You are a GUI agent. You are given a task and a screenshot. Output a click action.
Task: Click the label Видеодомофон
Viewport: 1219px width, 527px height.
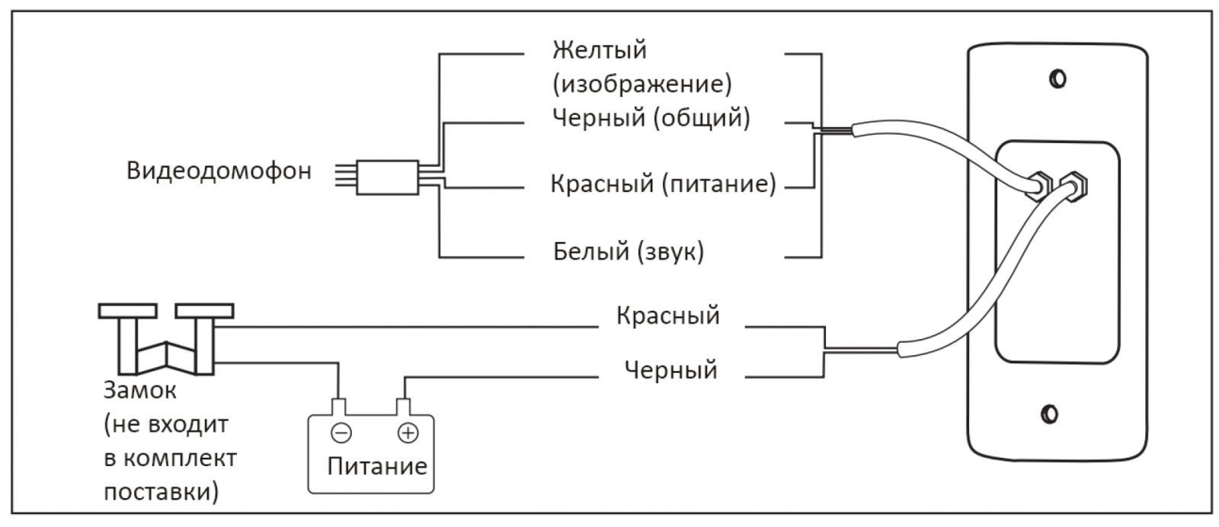219,171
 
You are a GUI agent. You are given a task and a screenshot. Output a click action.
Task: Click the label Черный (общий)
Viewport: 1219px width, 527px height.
650,118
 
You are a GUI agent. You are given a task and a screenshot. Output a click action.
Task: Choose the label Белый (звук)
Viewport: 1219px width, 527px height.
629,251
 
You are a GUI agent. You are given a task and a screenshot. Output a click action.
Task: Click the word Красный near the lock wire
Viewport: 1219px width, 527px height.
667,315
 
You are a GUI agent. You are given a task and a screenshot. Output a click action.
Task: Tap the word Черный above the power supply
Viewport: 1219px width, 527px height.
670,370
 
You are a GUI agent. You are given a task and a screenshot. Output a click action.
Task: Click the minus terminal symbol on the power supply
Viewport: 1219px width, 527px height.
341,433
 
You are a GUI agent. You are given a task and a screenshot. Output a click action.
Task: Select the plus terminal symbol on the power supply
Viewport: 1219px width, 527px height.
408,433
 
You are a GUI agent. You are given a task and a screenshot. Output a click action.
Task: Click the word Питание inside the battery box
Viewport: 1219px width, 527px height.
377,466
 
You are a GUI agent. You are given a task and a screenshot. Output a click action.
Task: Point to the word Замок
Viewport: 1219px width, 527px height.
139,391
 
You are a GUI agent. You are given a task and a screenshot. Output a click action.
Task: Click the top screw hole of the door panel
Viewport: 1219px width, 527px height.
1057,79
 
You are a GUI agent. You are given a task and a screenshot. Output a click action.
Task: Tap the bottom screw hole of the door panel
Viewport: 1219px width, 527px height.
1049,414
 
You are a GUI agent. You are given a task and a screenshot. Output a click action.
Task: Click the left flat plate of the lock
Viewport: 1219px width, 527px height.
127,311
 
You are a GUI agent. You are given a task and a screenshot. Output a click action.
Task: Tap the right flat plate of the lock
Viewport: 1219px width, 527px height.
204,311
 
